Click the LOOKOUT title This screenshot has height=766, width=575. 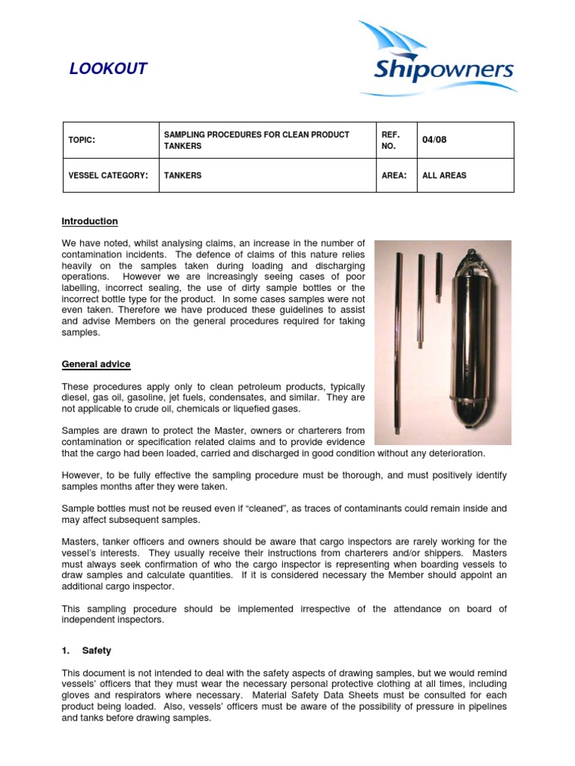[x=108, y=70]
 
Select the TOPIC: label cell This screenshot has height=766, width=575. [x=82, y=140]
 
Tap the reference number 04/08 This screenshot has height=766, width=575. [x=434, y=140]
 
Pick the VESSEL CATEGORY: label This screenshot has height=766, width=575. [x=108, y=175]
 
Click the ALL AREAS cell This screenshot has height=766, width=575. [x=444, y=175]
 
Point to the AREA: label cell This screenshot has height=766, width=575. [x=395, y=175]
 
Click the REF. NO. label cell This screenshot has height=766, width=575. [x=392, y=140]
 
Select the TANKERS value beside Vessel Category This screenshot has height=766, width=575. [x=183, y=175]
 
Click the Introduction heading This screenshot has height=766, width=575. [x=89, y=221]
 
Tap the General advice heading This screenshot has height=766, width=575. [x=96, y=364]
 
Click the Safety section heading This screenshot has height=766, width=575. [x=97, y=651]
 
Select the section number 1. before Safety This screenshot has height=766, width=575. [x=66, y=651]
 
